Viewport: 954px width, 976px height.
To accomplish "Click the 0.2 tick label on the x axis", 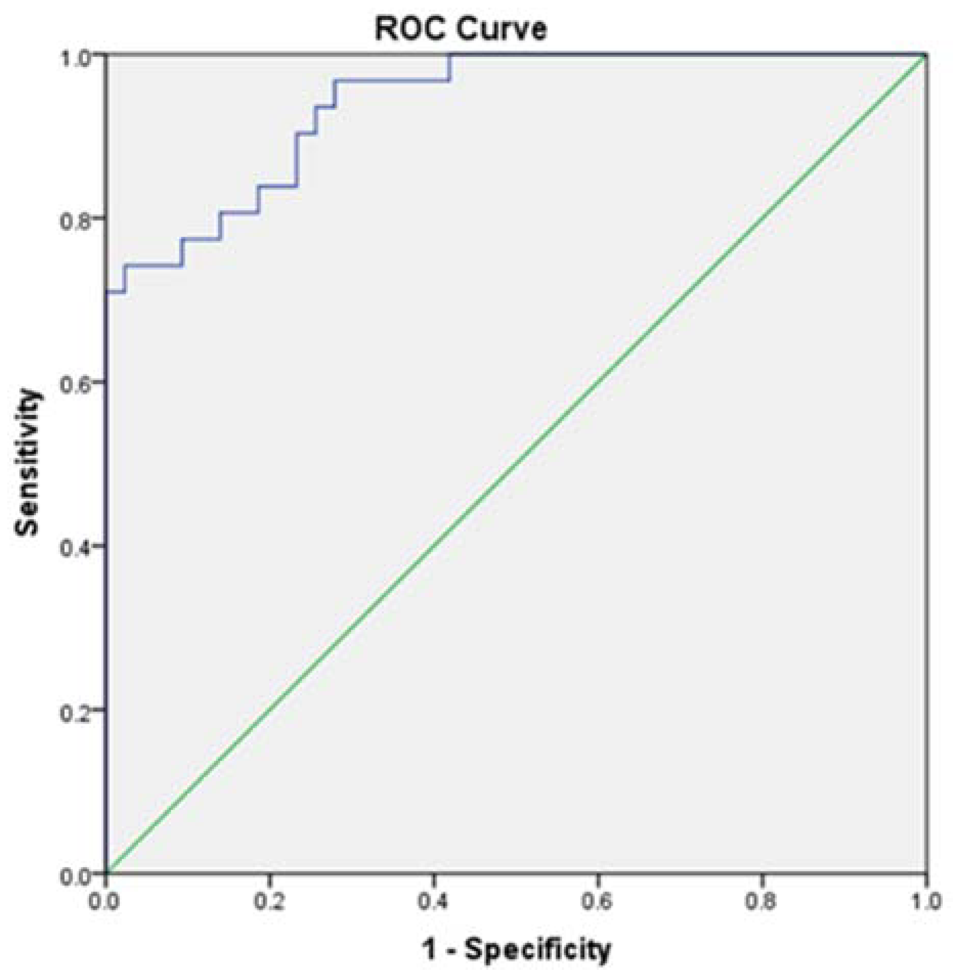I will click(x=270, y=901).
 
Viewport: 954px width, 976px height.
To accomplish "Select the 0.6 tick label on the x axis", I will click(x=597, y=901).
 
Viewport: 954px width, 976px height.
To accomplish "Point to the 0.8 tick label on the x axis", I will click(x=762, y=901).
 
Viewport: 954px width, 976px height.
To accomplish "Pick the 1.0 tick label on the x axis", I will click(x=925, y=901).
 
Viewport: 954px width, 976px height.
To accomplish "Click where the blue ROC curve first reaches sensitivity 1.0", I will click(x=450, y=54).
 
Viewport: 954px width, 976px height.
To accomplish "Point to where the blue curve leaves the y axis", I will click(x=106, y=292).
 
